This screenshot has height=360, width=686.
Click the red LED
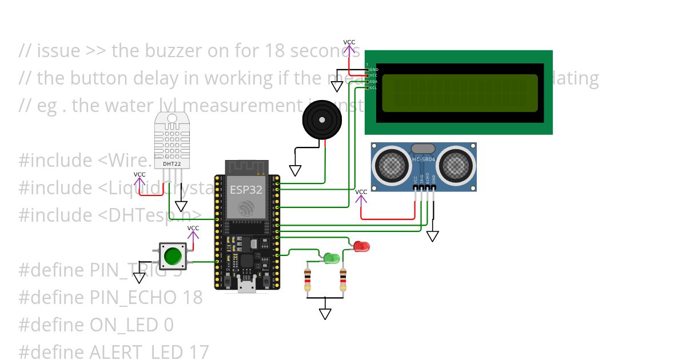361,246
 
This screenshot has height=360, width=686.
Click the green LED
330,258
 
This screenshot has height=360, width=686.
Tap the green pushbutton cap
172,256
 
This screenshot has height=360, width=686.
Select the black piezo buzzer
322,120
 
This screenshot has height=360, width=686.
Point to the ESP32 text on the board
246,189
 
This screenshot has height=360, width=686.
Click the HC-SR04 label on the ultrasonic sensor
424,159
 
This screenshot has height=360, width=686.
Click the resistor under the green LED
308,279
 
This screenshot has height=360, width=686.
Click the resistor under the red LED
343,279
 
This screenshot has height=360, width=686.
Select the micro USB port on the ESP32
247,286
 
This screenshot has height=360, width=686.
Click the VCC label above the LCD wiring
349,42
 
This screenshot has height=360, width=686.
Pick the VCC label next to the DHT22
139,174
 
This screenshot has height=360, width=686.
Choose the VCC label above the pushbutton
194,228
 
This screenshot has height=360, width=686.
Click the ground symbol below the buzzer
295,170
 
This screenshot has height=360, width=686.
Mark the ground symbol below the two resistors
325,314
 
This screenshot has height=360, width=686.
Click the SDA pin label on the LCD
373,82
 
